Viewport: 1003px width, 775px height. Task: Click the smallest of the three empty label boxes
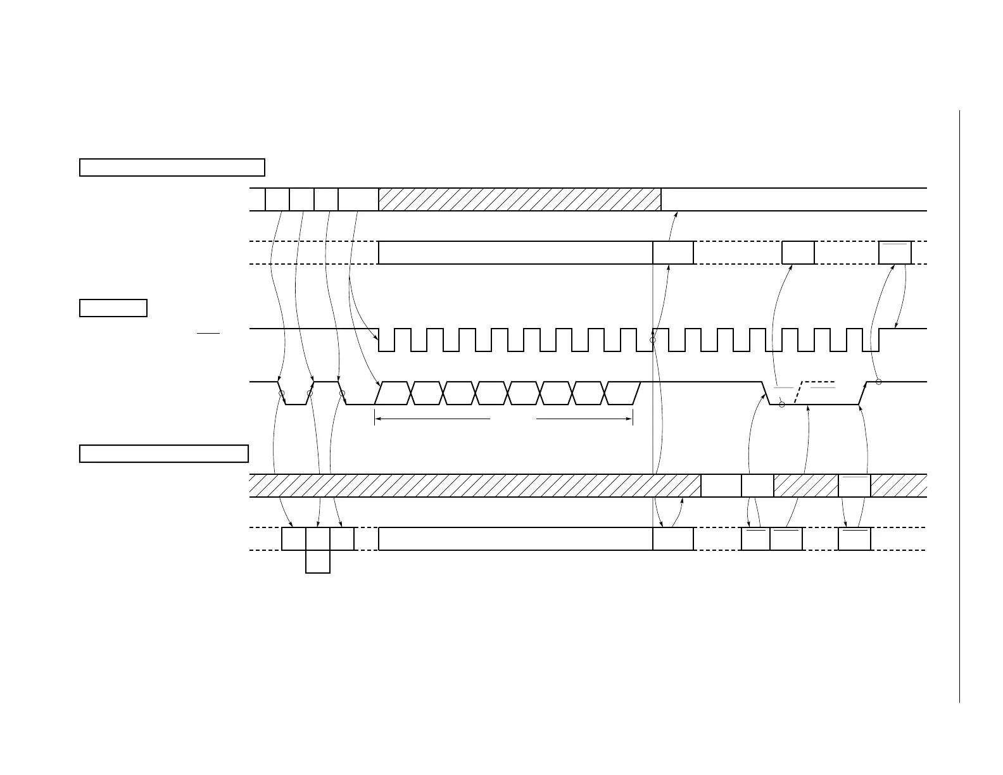pos(113,308)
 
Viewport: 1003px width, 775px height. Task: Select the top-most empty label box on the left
pos(172,167)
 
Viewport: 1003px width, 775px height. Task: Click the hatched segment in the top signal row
pos(519,199)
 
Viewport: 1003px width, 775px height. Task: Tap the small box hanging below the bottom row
pos(318,562)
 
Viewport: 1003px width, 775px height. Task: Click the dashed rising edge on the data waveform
pos(799,393)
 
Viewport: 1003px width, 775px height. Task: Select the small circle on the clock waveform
pos(653,340)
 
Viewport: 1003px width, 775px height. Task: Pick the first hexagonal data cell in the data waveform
pos(394,393)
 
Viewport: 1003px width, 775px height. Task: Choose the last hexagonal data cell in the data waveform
pos(622,393)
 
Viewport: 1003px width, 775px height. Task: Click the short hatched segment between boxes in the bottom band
pos(805,486)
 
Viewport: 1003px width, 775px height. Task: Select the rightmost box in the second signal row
pos(895,253)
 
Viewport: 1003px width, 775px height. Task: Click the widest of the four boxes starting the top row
pos(358,199)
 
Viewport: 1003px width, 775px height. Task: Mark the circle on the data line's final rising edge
pos(878,382)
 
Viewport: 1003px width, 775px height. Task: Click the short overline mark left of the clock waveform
pos(208,332)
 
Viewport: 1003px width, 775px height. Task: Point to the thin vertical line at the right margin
pos(959,405)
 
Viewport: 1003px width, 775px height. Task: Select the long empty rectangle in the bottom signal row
pos(515,539)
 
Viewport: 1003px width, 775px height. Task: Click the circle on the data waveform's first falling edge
pos(282,394)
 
